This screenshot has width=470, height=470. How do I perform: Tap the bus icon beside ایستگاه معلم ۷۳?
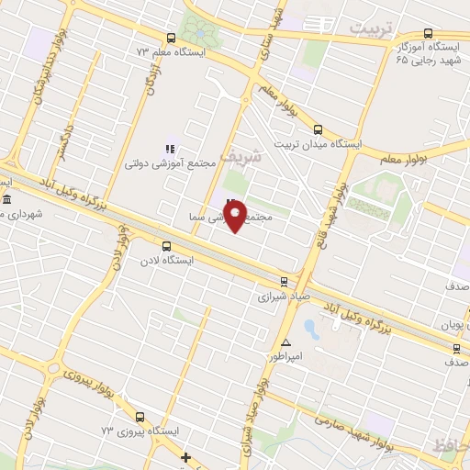tap(171, 38)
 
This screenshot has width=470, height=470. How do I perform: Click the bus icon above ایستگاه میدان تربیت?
tap(318, 129)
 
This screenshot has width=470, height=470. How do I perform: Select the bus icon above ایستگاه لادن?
tap(166, 246)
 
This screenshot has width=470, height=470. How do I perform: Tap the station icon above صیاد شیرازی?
tap(284, 282)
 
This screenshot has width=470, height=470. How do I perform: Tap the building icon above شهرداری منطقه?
tap(6, 200)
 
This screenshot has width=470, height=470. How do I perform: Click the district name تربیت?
tap(376, 28)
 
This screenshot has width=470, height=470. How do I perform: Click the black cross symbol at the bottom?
tap(186, 456)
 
